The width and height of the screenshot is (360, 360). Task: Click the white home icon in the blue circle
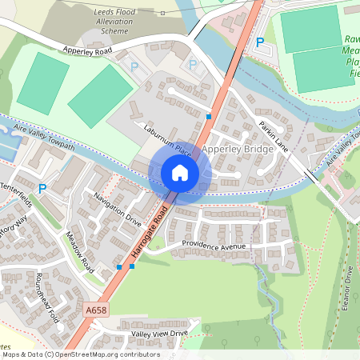click(x=179, y=173)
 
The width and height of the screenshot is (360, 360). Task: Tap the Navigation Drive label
click(x=117, y=209)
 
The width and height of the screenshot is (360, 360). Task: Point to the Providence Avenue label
click(x=214, y=246)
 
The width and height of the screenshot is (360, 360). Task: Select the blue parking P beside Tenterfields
click(x=42, y=189)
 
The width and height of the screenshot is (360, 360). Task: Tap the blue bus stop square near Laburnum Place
click(x=209, y=117)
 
